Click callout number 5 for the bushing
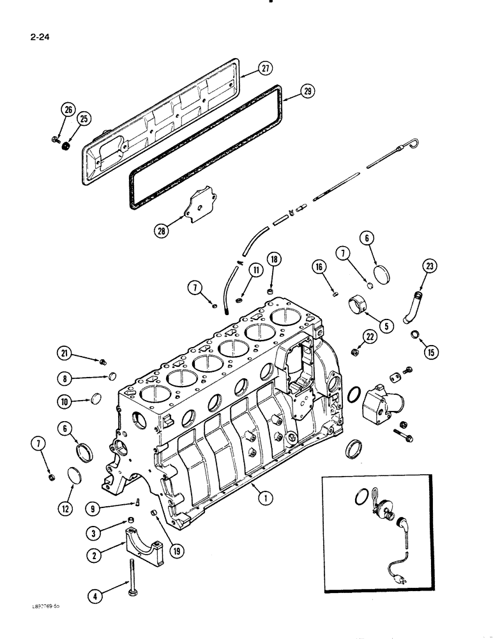(x=384, y=325)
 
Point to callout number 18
(x=273, y=259)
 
